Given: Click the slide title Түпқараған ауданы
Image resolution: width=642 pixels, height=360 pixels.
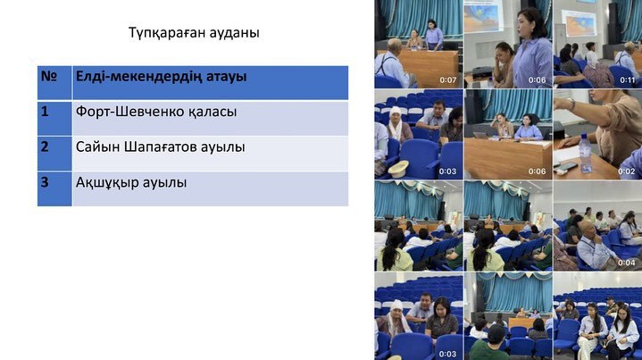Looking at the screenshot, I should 194,33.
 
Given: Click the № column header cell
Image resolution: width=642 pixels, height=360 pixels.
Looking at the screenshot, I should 54,82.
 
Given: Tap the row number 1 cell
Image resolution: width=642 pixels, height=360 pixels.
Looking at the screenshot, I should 54,118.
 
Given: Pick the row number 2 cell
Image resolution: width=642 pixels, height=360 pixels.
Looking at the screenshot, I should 54,153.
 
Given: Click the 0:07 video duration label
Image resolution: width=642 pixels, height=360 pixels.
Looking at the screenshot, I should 448,80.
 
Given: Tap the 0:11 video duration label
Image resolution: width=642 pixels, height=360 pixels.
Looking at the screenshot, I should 628,80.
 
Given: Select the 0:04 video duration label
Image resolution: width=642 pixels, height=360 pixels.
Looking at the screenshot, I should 627,263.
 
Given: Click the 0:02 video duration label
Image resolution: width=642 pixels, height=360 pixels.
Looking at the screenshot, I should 629,171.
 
